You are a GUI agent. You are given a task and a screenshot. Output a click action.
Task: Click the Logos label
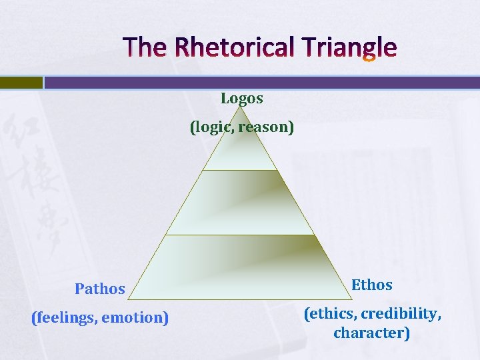pos(242,99)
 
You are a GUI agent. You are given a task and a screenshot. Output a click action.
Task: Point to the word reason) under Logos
pos(265,127)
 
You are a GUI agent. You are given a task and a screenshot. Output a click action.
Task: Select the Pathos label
pos(100,289)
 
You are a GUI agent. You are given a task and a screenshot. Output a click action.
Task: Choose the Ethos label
pos(372,285)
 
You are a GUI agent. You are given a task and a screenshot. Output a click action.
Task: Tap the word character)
pos(371,333)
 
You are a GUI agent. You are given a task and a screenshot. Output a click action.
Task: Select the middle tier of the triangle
pos(240,203)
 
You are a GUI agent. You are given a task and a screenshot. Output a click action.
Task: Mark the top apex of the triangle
pos(240,107)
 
